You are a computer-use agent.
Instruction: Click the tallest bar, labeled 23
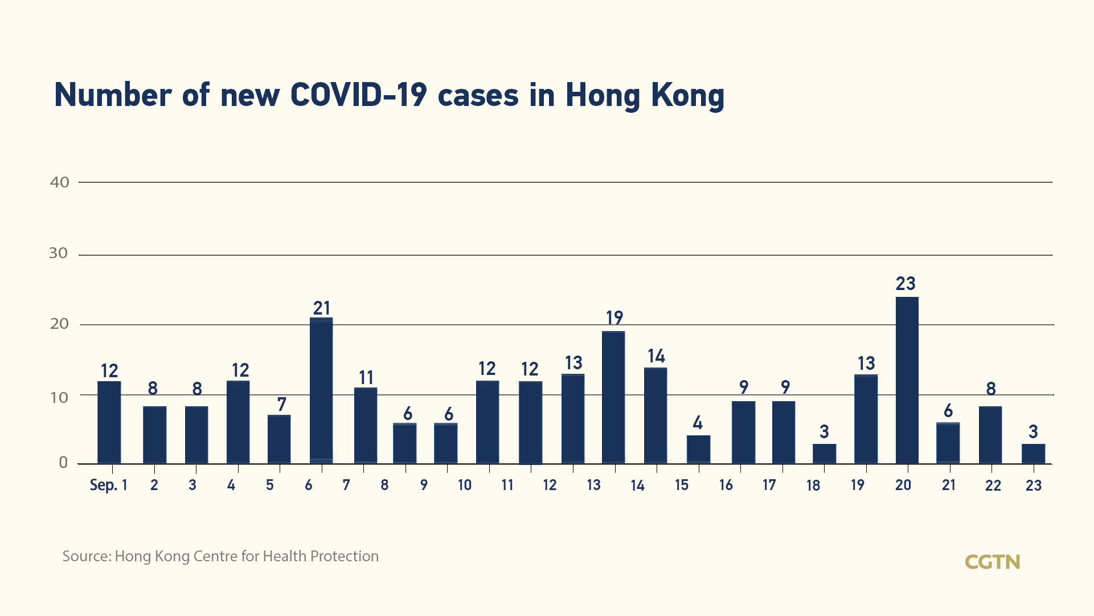pyautogui.click(x=907, y=380)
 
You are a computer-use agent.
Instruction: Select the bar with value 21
pyautogui.click(x=321, y=390)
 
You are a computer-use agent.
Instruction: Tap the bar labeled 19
pyautogui.click(x=613, y=397)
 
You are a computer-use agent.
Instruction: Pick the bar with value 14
pyautogui.click(x=655, y=415)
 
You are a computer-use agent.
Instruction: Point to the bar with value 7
pyautogui.click(x=279, y=439)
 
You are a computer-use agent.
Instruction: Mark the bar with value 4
pyautogui.click(x=698, y=449)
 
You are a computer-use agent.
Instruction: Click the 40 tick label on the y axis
pyautogui.click(x=60, y=182)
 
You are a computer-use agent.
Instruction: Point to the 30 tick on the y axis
pyautogui.click(x=59, y=253)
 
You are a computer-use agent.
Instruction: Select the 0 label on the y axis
pyautogui.click(x=63, y=463)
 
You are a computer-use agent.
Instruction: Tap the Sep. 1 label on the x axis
pyautogui.click(x=108, y=485)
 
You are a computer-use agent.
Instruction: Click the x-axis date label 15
pyautogui.click(x=682, y=485)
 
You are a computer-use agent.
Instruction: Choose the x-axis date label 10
pyautogui.click(x=465, y=485)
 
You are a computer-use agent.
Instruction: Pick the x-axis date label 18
pyautogui.click(x=813, y=486)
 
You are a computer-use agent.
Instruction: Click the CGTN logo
pyautogui.click(x=992, y=562)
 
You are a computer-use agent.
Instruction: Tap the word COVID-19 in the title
pyautogui.click(x=358, y=95)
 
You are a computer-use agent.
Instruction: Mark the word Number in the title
pyautogui.click(x=113, y=95)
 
